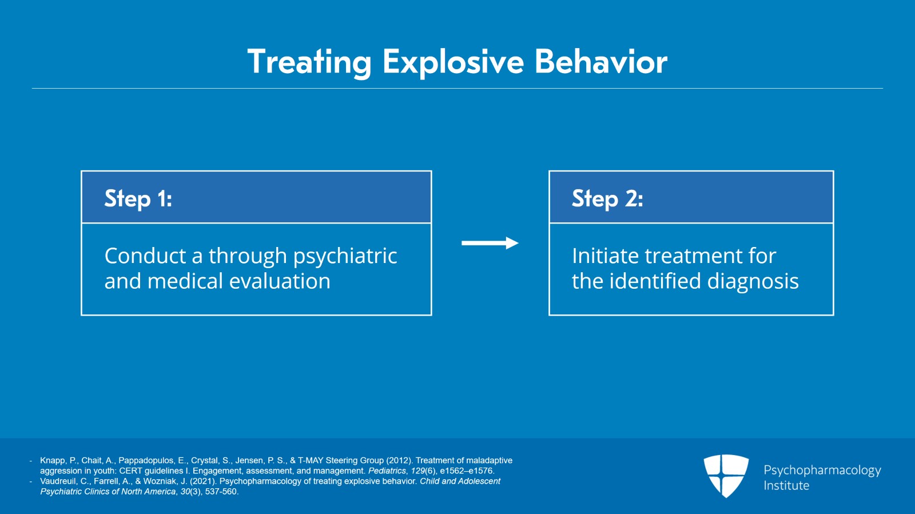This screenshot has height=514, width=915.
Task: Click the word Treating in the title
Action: (x=309, y=62)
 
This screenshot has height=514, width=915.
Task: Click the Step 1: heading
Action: (x=138, y=198)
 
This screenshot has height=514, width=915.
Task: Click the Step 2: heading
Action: (x=607, y=198)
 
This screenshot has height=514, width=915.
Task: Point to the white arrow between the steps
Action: (x=490, y=243)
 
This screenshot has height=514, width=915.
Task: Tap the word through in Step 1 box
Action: (x=248, y=256)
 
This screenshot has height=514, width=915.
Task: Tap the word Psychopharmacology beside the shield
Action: (x=822, y=470)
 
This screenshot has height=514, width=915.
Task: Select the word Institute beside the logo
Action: (x=786, y=485)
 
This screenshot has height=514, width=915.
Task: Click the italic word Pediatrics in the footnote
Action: (x=387, y=471)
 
